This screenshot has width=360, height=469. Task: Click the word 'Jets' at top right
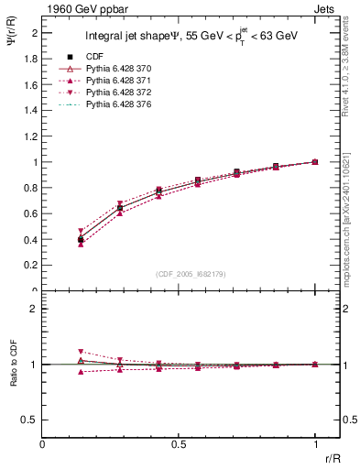point(326,9)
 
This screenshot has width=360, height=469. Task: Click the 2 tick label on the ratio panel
point(35,309)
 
